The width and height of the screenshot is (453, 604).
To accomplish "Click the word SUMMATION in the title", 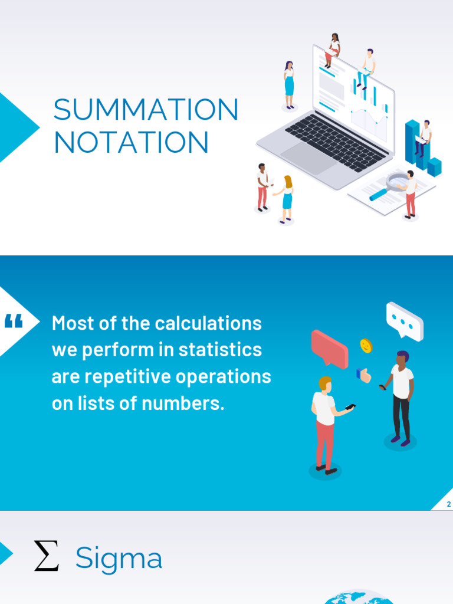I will (146, 110).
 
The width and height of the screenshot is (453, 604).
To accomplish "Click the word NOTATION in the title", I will (131, 143).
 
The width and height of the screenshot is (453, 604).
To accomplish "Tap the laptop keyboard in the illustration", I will (336, 142).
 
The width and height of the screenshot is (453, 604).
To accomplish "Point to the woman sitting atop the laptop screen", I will (333, 50).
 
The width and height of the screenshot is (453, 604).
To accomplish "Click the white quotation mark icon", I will (13, 321).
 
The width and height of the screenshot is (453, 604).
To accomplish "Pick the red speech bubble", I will (329, 347).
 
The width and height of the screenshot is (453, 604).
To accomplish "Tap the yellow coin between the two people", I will (366, 346).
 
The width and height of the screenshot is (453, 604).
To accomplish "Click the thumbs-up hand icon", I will (364, 375).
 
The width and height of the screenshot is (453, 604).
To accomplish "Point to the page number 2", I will (448, 504).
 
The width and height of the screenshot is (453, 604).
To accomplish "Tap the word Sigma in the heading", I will (119, 558).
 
